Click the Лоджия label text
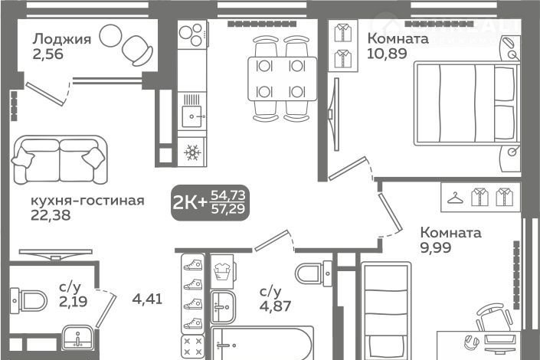[62, 40]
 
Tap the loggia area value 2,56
[47, 54]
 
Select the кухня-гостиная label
[87, 201]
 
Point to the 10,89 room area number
[387, 54]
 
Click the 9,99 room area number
[435, 247]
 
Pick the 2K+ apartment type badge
[210, 202]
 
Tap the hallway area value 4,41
[147, 298]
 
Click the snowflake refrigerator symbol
[192, 152]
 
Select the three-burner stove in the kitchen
[192, 34]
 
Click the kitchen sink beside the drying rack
[191, 116]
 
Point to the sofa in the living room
[60, 160]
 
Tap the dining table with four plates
[282, 79]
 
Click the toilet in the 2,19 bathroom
[28, 300]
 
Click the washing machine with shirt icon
[222, 271]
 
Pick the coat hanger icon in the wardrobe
[455, 198]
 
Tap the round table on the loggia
[110, 35]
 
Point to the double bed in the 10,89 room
[466, 103]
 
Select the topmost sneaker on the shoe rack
[193, 265]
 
